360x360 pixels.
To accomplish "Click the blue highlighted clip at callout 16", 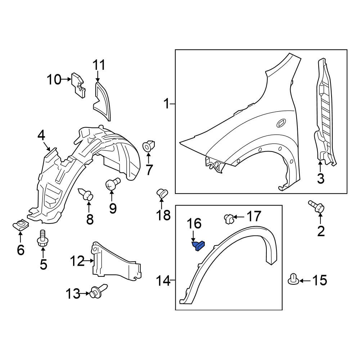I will click(x=199, y=246).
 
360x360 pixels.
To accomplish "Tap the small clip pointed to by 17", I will click(x=228, y=218).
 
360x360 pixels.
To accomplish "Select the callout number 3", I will click(x=320, y=177).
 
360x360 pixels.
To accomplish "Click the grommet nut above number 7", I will click(x=149, y=147).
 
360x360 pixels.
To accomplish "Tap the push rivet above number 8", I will click(x=87, y=195).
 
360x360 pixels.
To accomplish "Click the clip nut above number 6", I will click(x=20, y=226).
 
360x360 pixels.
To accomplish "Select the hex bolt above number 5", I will click(x=42, y=239).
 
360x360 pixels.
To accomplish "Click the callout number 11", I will click(x=99, y=66).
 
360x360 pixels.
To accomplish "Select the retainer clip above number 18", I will click(x=162, y=193).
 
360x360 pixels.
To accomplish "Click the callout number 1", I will click(x=166, y=104).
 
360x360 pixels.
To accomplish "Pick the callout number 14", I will click(x=164, y=280).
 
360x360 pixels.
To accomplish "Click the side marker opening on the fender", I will click(x=281, y=124).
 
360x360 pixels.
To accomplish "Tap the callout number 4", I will click(x=41, y=136).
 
